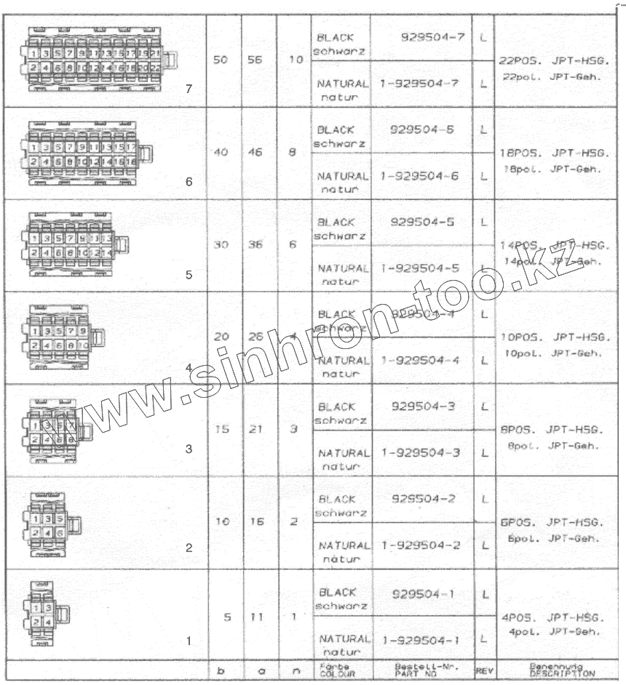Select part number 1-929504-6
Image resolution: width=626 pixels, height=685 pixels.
click(x=419, y=177)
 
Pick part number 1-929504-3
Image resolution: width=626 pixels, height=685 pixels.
click(x=419, y=453)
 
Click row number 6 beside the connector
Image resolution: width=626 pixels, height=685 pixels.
click(x=189, y=183)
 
